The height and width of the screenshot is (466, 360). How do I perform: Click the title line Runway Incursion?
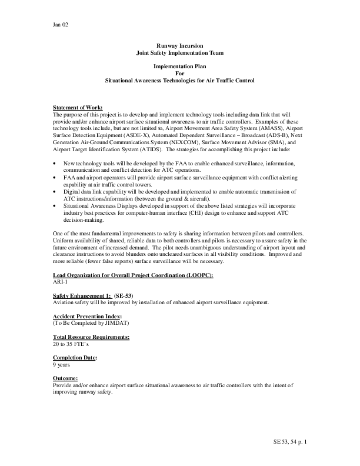click(x=179, y=46)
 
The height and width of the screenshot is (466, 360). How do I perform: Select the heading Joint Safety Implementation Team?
click(x=179, y=53)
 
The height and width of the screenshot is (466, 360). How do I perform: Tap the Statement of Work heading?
click(x=78, y=107)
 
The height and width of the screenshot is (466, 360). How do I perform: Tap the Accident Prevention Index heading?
click(x=88, y=317)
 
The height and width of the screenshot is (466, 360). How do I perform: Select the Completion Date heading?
click(x=75, y=358)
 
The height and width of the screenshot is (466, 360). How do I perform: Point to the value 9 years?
click(x=62, y=365)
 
